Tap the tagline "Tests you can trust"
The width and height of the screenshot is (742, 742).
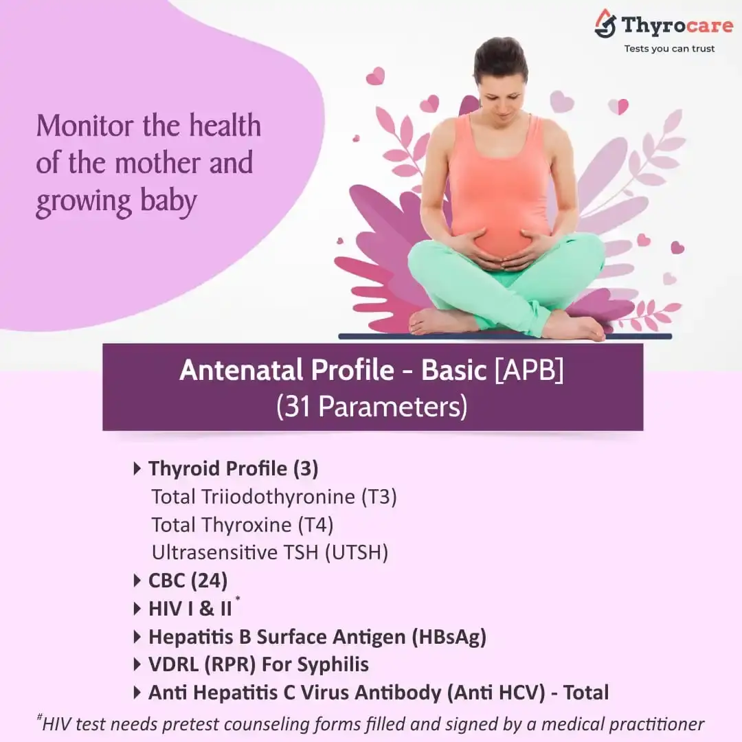click(x=669, y=49)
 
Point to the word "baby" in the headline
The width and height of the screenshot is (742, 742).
click(x=168, y=201)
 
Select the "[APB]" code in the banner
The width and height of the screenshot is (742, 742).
click(x=529, y=370)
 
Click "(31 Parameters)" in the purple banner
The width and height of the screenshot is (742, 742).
click(x=372, y=407)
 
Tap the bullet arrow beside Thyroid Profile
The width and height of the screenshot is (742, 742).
click(x=137, y=469)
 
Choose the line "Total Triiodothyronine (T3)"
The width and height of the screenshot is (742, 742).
click(x=274, y=497)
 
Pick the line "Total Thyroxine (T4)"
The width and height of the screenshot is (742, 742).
click(x=243, y=525)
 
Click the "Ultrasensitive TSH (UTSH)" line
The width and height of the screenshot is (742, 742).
click(x=270, y=552)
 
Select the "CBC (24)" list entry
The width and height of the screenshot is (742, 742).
click(x=188, y=581)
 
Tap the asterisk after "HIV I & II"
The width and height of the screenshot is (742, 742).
click(x=238, y=599)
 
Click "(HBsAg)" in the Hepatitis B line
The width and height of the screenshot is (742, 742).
click(x=449, y=637)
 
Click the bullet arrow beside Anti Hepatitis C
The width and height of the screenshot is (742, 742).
click(x=137, y=693)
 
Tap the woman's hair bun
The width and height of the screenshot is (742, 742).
click(x=501, y=53)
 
